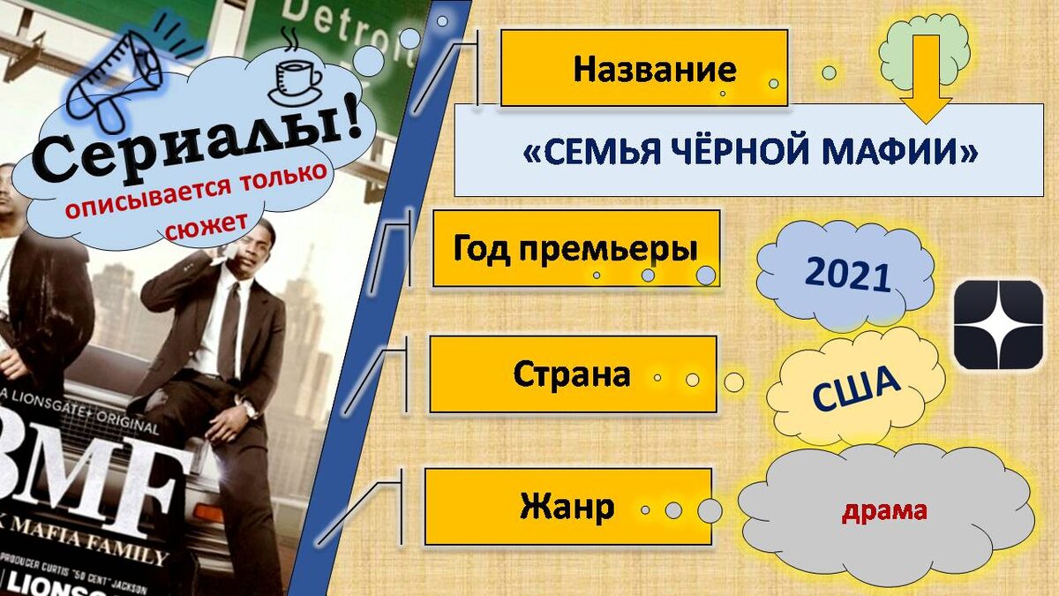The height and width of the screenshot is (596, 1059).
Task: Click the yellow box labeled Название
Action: click(x=643, y=68)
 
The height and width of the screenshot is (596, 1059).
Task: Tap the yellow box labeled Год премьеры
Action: click(x=575, y=248)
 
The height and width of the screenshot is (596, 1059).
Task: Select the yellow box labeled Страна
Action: click(x=572, y=374)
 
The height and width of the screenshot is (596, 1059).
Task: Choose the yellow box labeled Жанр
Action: click(x=567, y=507)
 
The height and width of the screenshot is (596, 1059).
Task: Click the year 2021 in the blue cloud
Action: click(x=846, y=275)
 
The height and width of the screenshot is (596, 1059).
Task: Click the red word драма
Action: click(x=884, y=510)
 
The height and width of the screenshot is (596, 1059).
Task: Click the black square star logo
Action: click(x=998, y=324)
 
